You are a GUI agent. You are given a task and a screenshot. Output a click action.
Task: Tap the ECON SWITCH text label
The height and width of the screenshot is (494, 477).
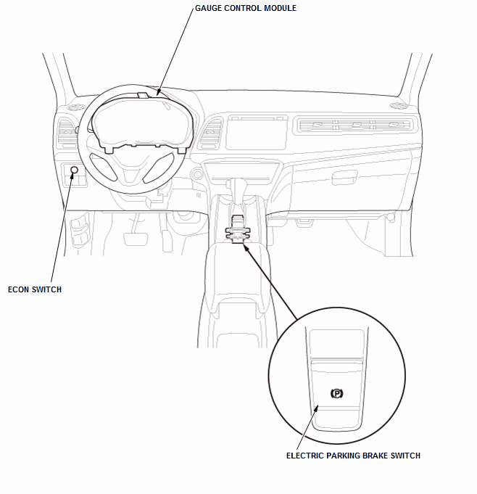35,289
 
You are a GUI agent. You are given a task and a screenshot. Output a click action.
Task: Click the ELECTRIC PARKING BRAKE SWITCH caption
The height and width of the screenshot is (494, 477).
353,456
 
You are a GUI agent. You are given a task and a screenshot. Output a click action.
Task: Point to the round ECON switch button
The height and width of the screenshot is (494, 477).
74,169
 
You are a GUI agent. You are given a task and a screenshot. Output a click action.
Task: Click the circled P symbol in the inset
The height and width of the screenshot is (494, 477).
336,393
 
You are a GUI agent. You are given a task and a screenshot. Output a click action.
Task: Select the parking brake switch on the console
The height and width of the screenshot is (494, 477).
237,234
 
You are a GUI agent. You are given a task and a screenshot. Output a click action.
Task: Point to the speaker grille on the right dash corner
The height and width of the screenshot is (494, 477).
398,107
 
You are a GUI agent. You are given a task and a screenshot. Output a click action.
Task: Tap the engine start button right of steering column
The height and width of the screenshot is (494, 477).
196,174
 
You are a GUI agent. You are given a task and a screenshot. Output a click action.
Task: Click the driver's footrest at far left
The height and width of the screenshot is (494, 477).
78,236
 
